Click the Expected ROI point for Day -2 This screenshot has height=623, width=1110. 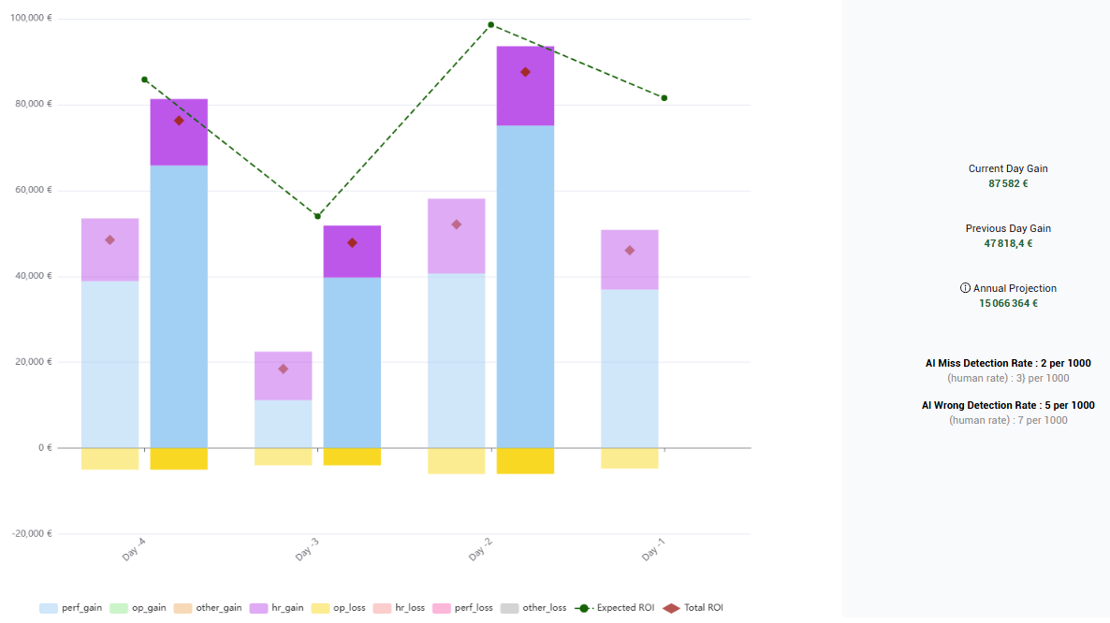coord(490,25)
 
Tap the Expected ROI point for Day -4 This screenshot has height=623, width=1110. coord(144,80)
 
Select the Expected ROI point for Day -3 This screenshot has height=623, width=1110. coord(317,216)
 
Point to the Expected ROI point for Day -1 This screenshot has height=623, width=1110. coord(664,98)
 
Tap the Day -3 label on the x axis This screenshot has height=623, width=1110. coord(307,553)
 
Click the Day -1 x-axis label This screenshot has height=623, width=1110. coord(653,553)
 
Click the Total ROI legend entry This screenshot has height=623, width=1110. coord(694,608)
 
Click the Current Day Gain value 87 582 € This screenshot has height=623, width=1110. coord(1008,183)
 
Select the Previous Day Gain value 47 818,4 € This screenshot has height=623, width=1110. coord(1008,243)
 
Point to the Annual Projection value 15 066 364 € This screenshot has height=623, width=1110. coord(1008,303)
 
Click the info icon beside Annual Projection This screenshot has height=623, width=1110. coord(965,288)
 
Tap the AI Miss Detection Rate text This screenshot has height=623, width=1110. coord(1008,363)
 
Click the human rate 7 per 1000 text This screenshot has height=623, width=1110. coord(1008,421)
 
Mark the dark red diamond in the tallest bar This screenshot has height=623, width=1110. coord(525,72)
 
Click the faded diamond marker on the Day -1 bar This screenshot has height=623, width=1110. coord(630,251)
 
